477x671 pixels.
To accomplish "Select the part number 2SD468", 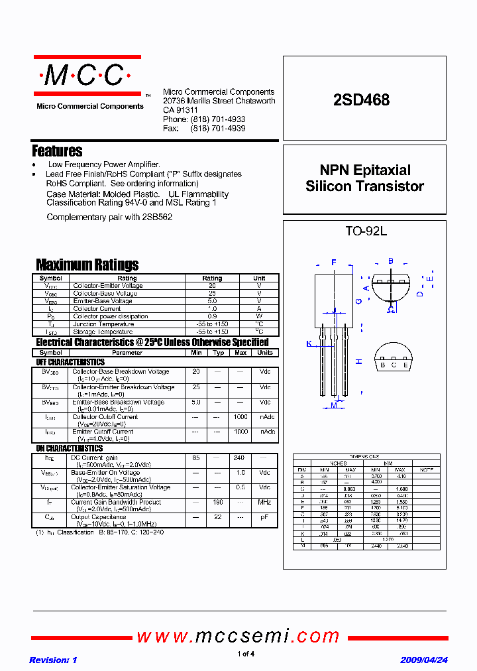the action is pyautogui.click(x=361, y=100).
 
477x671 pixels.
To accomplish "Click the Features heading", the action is pyautogui.click(x=58, y=151).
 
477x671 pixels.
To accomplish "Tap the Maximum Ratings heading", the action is pyautogui.click(x=87, y=265).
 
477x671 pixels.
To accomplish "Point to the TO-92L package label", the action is pyautogui.click(x=366, y=231).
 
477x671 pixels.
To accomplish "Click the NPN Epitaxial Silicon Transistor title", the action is pyautogui.click(x=364, y=178).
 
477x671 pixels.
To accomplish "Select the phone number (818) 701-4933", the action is pyautogui.click(x=218, y=119).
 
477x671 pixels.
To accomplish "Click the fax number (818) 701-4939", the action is pyautogui.click(x=218, y=128).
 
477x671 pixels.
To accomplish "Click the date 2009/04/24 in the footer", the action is pyautogui.click(x=424, y=660).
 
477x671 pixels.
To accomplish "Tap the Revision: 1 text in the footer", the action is pyautogui.click(x=54, y=660).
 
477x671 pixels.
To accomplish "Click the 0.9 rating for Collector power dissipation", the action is pyautogui.click(x=212, y=316).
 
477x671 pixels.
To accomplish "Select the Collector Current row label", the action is pyautogui.click(x=97, y=309).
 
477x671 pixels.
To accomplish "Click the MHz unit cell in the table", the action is pyautogui.click(x=265, y=503).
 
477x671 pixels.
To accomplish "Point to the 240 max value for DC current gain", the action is pyautogui.click(x=239, y=458).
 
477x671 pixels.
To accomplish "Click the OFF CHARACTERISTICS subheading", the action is pyautogui.click(x=70, y=363).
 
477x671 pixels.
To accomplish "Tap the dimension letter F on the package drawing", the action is pyautogui.click(x=334, y=261).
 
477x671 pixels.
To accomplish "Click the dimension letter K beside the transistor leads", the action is pyautogui.click(x=308, y=343).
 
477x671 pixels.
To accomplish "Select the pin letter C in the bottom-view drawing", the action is pyautogui.click(x=394, y=365).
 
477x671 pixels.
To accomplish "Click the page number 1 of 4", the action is pyautogui.click(x=246, y=654).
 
